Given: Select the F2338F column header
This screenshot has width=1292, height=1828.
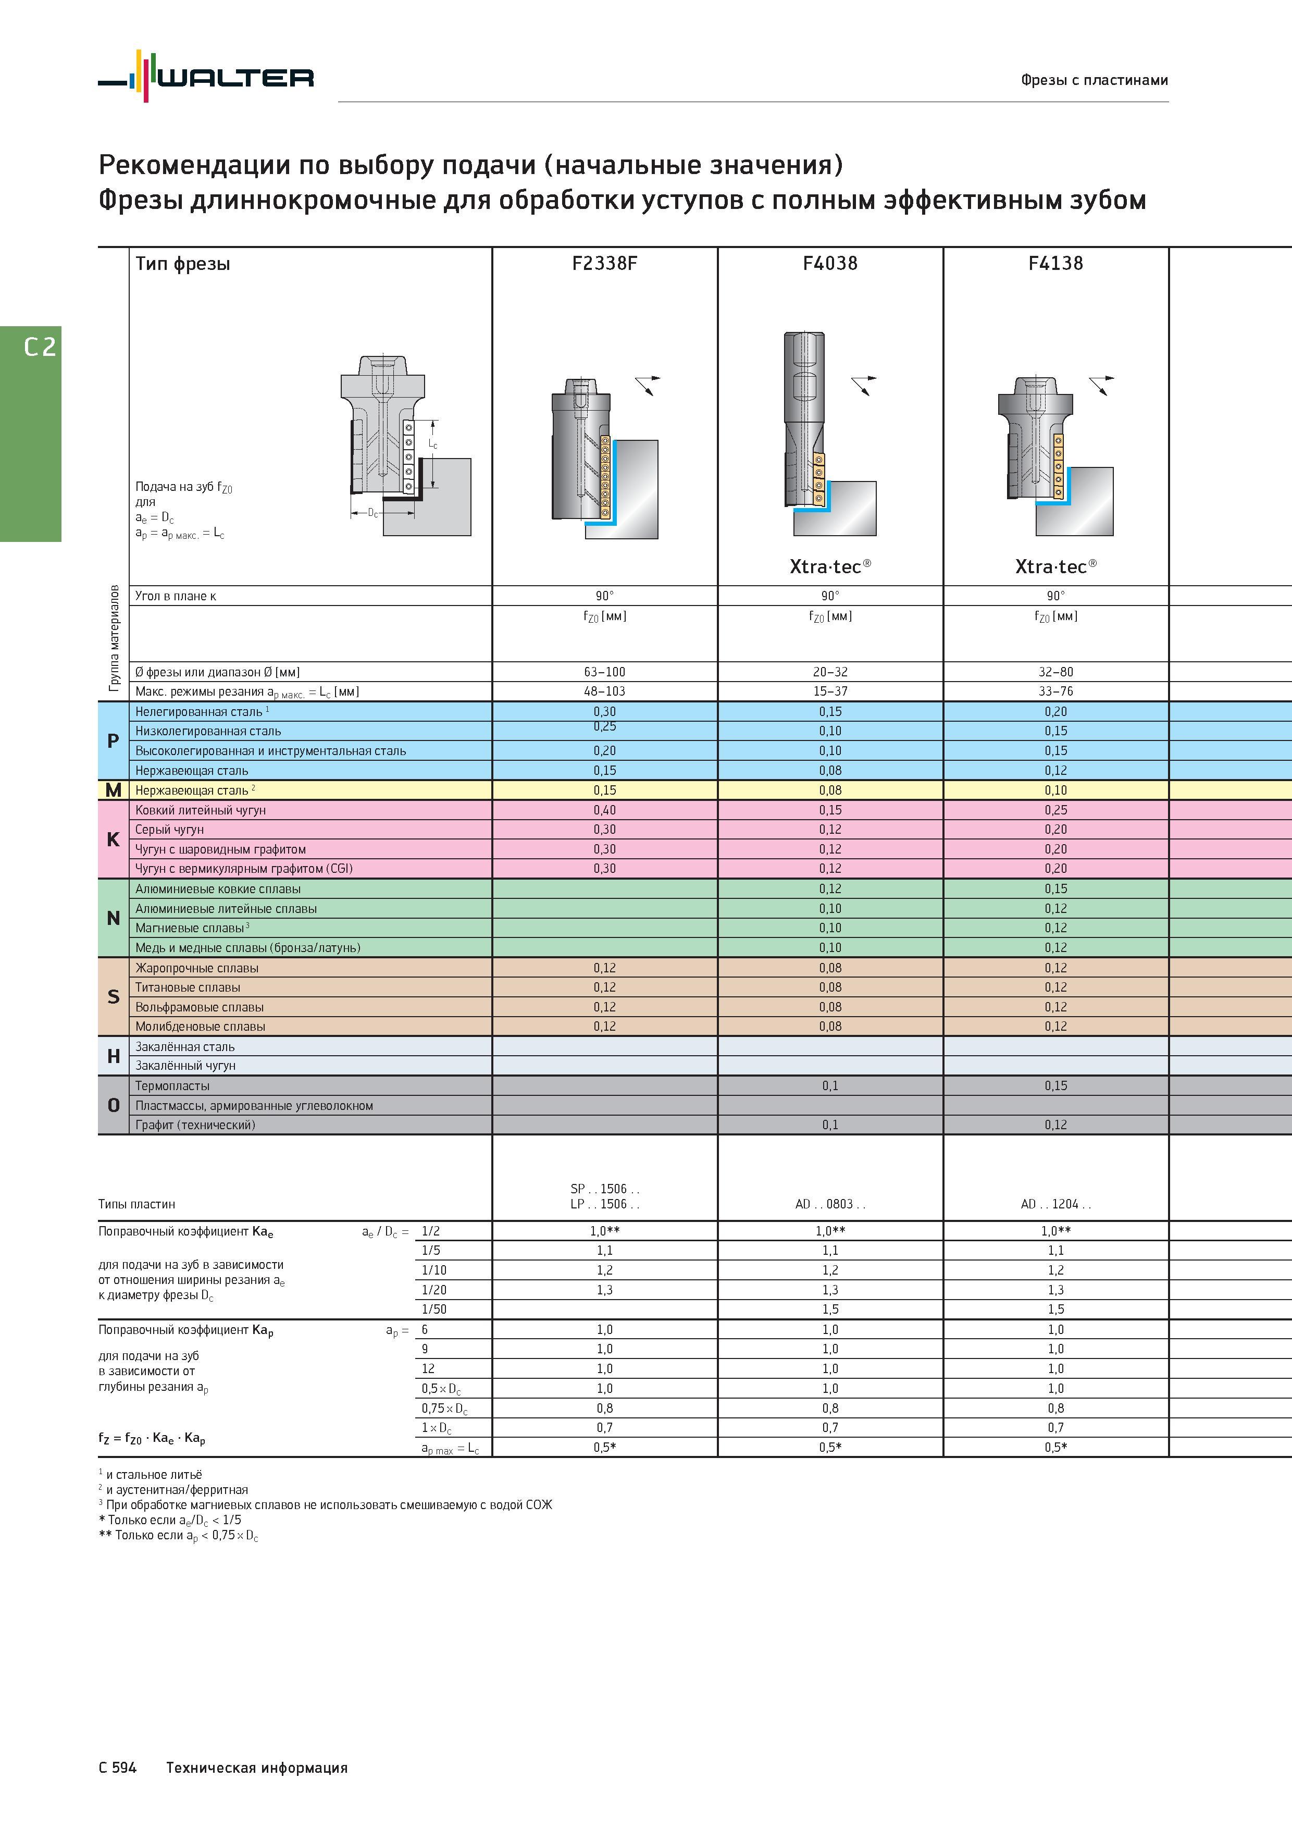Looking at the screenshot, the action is [604, 264].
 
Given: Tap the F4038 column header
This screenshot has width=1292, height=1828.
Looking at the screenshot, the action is [830, 264].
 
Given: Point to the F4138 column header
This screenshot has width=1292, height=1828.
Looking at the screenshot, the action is [1055, 264].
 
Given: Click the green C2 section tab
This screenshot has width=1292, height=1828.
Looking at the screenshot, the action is [30, 434].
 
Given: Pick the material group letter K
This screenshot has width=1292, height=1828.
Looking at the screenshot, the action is [113, 839].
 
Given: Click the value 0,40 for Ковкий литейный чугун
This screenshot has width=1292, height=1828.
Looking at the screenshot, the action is [604, 810].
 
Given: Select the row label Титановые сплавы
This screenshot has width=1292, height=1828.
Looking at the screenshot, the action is [188, 987].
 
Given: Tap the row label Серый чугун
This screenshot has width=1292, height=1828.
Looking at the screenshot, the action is [169, 830].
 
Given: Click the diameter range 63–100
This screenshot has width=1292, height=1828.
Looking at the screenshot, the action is [604, 672].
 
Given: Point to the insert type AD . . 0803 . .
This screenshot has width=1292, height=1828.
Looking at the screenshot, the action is [830, 1204].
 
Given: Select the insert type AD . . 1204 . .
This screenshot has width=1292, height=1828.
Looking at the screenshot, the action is [1055, 1204].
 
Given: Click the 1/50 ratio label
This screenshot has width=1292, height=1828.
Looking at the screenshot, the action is [434, 1309].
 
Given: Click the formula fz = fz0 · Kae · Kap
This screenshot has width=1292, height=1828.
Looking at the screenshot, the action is [152, 1439].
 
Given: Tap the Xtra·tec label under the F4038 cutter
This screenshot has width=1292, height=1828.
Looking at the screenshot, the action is [830, 566].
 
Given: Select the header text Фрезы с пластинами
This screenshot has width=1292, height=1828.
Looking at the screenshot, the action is [1095, 80].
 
